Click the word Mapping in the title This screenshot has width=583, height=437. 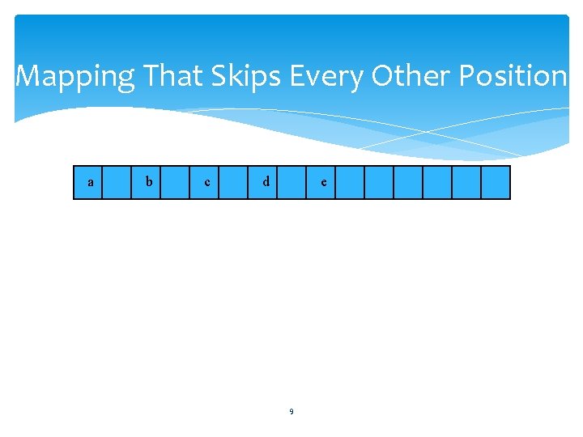pyautogui.click(x=75, y=77)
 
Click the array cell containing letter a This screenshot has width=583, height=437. pyautogui.click(x=88, y=183)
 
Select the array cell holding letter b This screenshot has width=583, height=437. pyautogui.click(x=147, y=183)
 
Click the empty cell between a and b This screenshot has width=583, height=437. pyautogui.click(x=117, y=183)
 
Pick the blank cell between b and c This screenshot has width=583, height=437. pyautogui.click(x=176, y=183)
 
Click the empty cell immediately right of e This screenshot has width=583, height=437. pyautogui.click(x=350, y=183)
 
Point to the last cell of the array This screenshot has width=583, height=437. pyautogui.click(x=496, y=183)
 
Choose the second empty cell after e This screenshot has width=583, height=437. pyautogui.click(x=379, y=183)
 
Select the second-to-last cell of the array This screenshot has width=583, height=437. pyautogui.click(x=466, y=183)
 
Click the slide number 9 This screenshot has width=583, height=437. pyautogui.click(x=291, y=412)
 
